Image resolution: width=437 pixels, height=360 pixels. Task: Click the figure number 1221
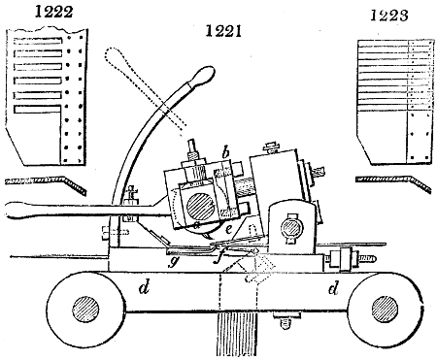[224, 32]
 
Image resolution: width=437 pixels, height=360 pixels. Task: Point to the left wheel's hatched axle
[83, 314]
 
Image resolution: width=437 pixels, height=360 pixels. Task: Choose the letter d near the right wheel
[334, 288]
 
